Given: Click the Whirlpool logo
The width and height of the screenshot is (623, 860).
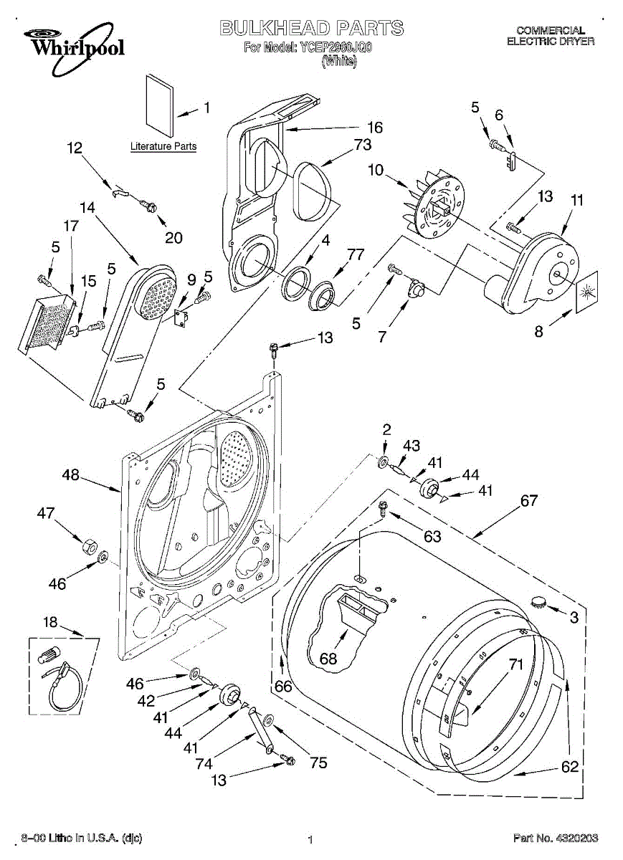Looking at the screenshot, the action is click(x=74, y=49).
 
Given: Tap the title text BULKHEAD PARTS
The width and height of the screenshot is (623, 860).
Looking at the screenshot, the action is click(x=311, y=28).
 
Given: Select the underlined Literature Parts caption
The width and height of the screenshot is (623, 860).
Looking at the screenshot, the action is click(x=163, y=146).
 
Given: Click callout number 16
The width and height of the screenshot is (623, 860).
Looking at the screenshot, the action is click(x=375, y=128).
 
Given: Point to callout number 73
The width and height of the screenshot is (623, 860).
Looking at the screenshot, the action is click(x=363, y=145).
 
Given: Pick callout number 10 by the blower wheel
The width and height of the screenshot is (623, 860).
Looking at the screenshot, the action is click(x=376, y=170).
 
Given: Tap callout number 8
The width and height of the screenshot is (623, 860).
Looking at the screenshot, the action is click(x=539, y=331).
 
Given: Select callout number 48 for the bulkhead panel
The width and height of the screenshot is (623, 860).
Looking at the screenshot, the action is click(x=71, y=475).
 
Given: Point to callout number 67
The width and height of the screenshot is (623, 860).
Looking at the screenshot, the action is click(x=528, y=501).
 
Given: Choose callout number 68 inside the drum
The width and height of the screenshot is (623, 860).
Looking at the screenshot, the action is click(x=328, y=659).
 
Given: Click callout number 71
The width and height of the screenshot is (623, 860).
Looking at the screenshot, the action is click(x=516, y=664).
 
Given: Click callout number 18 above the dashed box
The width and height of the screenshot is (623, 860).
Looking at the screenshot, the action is click(x=50, y=621).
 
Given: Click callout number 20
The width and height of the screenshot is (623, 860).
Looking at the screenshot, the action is click(x=173, y=238).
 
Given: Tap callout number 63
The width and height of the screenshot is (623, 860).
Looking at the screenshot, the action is click(x=432, y=536).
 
